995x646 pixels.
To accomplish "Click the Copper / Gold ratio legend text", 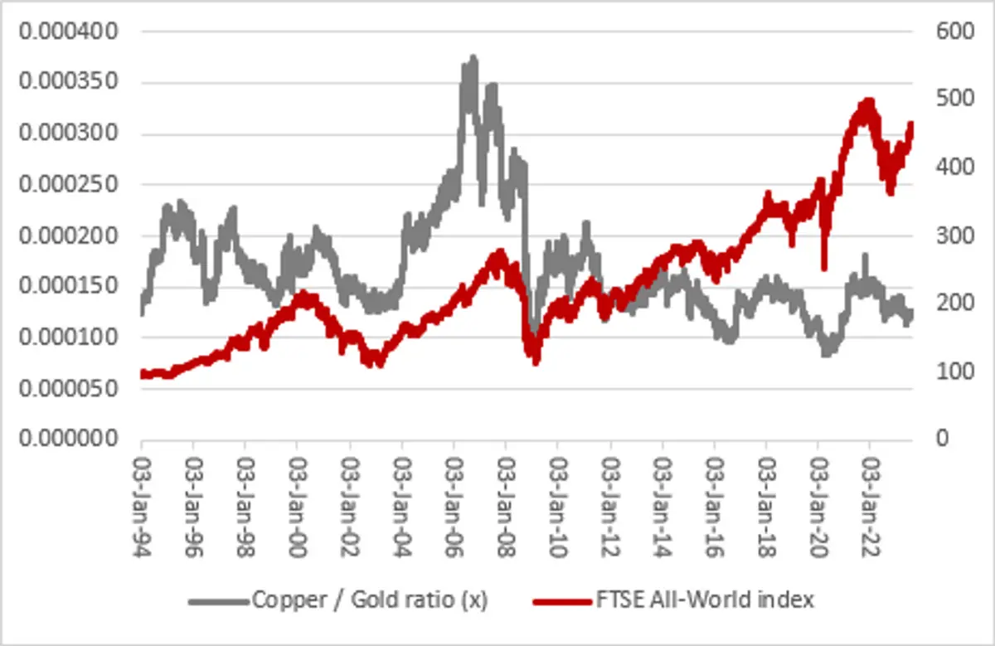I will [x=370, y=600].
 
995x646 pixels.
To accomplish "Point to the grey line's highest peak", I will [x=473, y=58].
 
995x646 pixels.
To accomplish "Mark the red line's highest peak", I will [x=868, y=102].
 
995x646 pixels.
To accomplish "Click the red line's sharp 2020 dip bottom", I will [x=823, y=267].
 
